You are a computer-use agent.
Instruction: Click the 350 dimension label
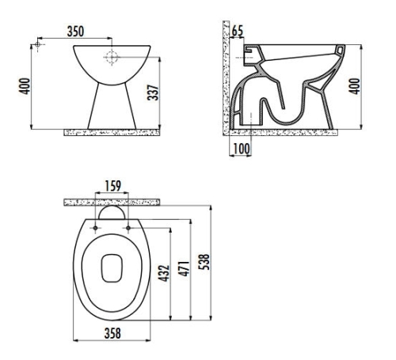coord(76,31)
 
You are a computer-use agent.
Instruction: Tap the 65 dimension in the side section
coord(238,32)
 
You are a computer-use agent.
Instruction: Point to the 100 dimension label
coord(240,148)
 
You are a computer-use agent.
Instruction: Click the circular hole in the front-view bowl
coord(112,58)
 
